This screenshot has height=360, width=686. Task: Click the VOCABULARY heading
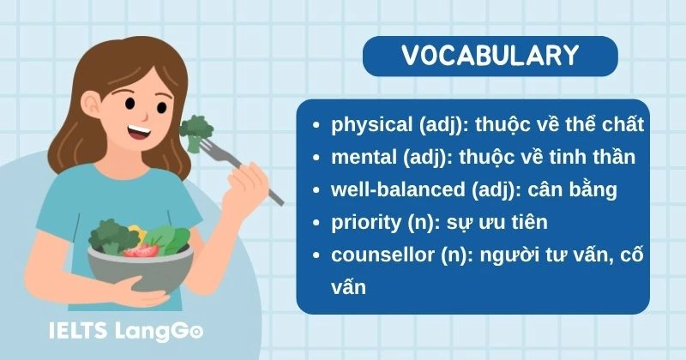pos(490,56)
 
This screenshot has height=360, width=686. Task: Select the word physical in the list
pos(371,126)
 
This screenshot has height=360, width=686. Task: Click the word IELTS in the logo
pos(74,329)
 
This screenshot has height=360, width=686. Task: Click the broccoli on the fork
pos(195,129)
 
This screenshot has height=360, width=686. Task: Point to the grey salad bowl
pos(137,266)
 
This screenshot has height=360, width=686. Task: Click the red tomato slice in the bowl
pos(142,250)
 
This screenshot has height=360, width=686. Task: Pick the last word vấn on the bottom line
pos(348,287)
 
